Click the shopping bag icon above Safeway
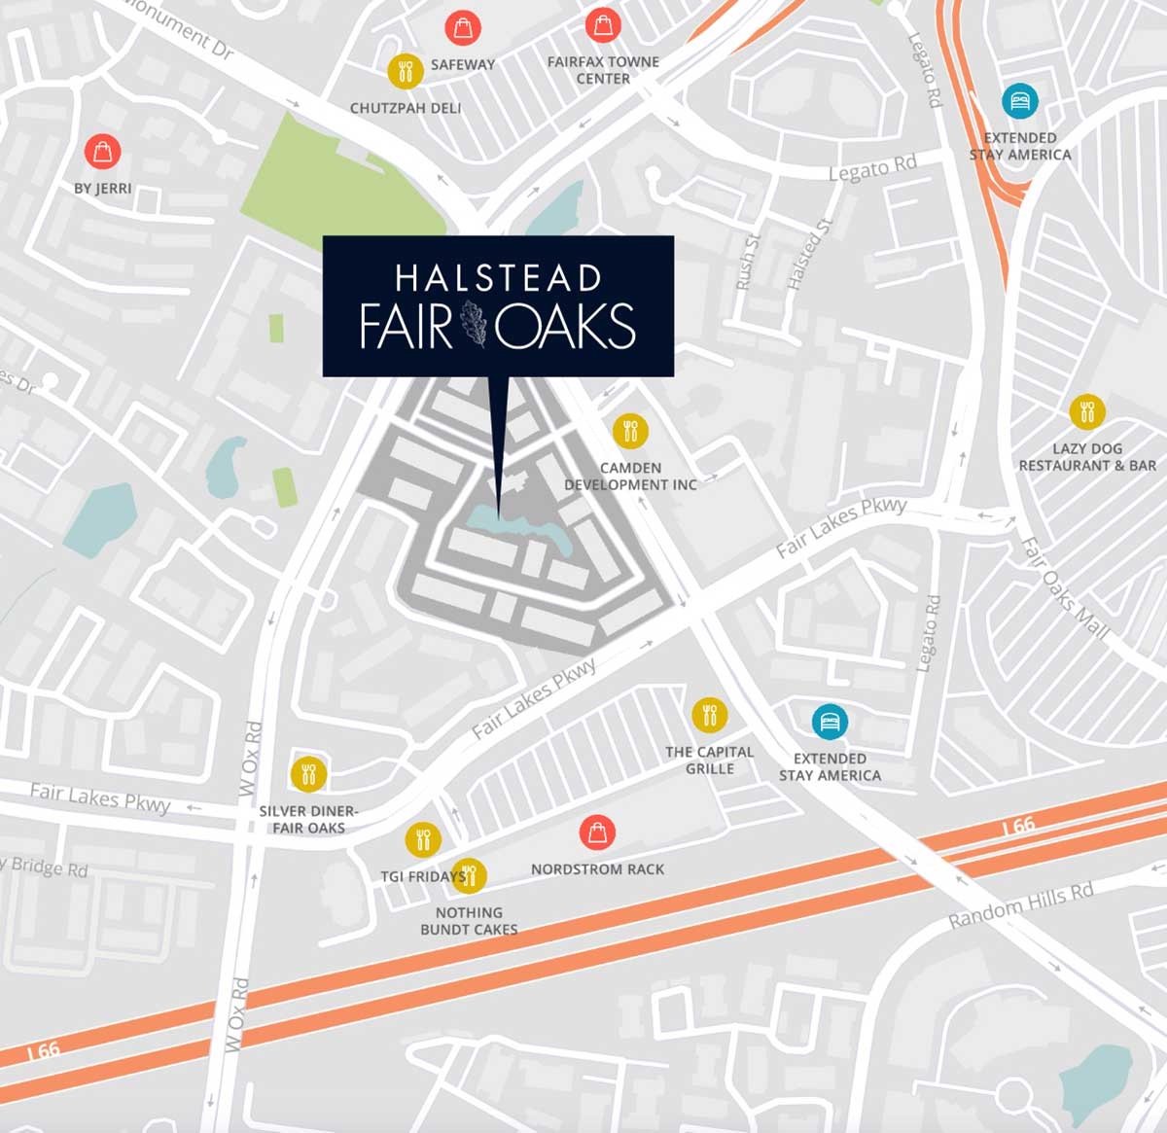[x=463, y=26]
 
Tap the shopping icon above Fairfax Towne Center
[x=603, y=25]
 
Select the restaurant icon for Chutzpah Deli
[x=405, y=70]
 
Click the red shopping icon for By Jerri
[x=102, y=151]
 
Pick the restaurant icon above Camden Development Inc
[x=630, y=430]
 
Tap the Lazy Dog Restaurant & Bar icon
[x=1086, y=411]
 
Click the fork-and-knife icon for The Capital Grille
[x=709, y=715]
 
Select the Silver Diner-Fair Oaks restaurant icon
[x=308, y=774]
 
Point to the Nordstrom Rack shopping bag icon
[x=597, y=832]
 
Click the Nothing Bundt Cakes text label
[x=469, y=920]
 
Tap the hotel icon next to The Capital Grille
[x=830, y=722]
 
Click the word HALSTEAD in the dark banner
[x=498, y=278]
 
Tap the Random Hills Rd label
[x=1021, y=904]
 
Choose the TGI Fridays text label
[x=421, y=876]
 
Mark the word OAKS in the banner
[x=566, y=326]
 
